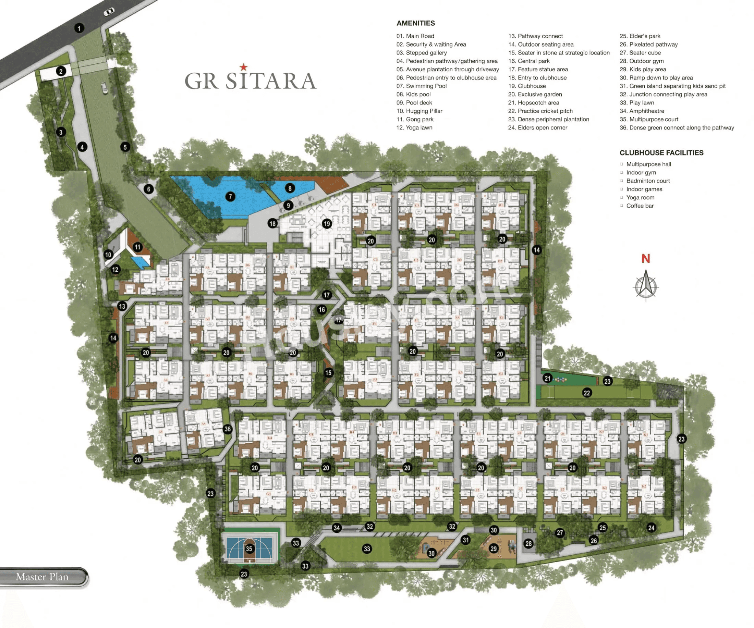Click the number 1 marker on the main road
[x=79, y=28]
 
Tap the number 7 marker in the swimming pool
[x=230, y=196]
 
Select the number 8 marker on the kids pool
[x=290, y=188]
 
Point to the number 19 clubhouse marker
[x=326, y=224]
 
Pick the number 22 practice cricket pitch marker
[x=587, y=393]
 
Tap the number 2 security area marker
[x=61, y=71]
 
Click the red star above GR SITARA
[x=243, y=67]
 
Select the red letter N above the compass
[x=646, y=258]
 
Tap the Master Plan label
[x=42, y=577]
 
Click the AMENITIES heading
[x=415, y=23]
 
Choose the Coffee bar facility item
[x=640, y=206]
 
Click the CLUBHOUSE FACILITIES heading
[x=661, y=153]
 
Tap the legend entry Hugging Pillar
[x=419, y=111]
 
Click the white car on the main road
[x=109, y=12]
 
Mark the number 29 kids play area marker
[x=493, y=548]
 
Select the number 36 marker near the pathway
[x=227, y=429]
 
